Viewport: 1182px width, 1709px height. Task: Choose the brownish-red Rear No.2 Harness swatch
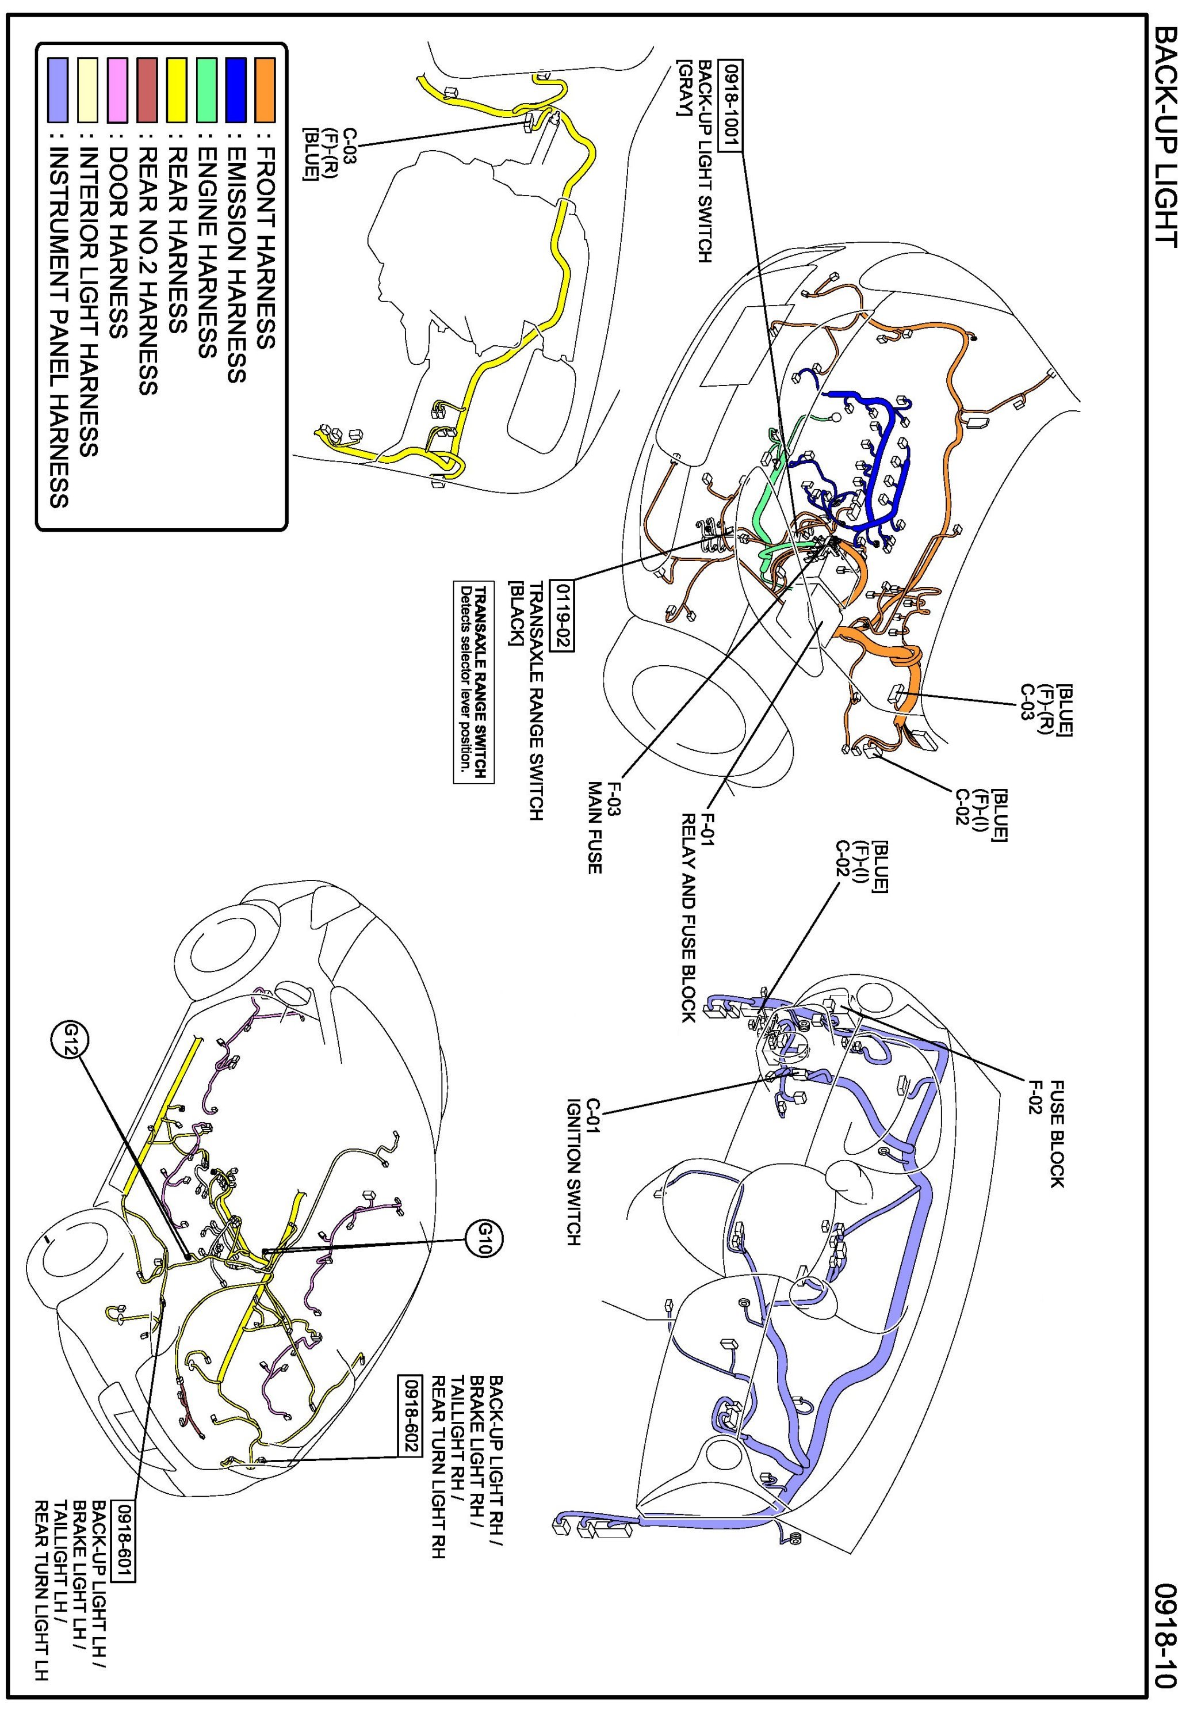(147, 90)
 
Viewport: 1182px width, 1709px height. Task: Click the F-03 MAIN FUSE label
(603, 826)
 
